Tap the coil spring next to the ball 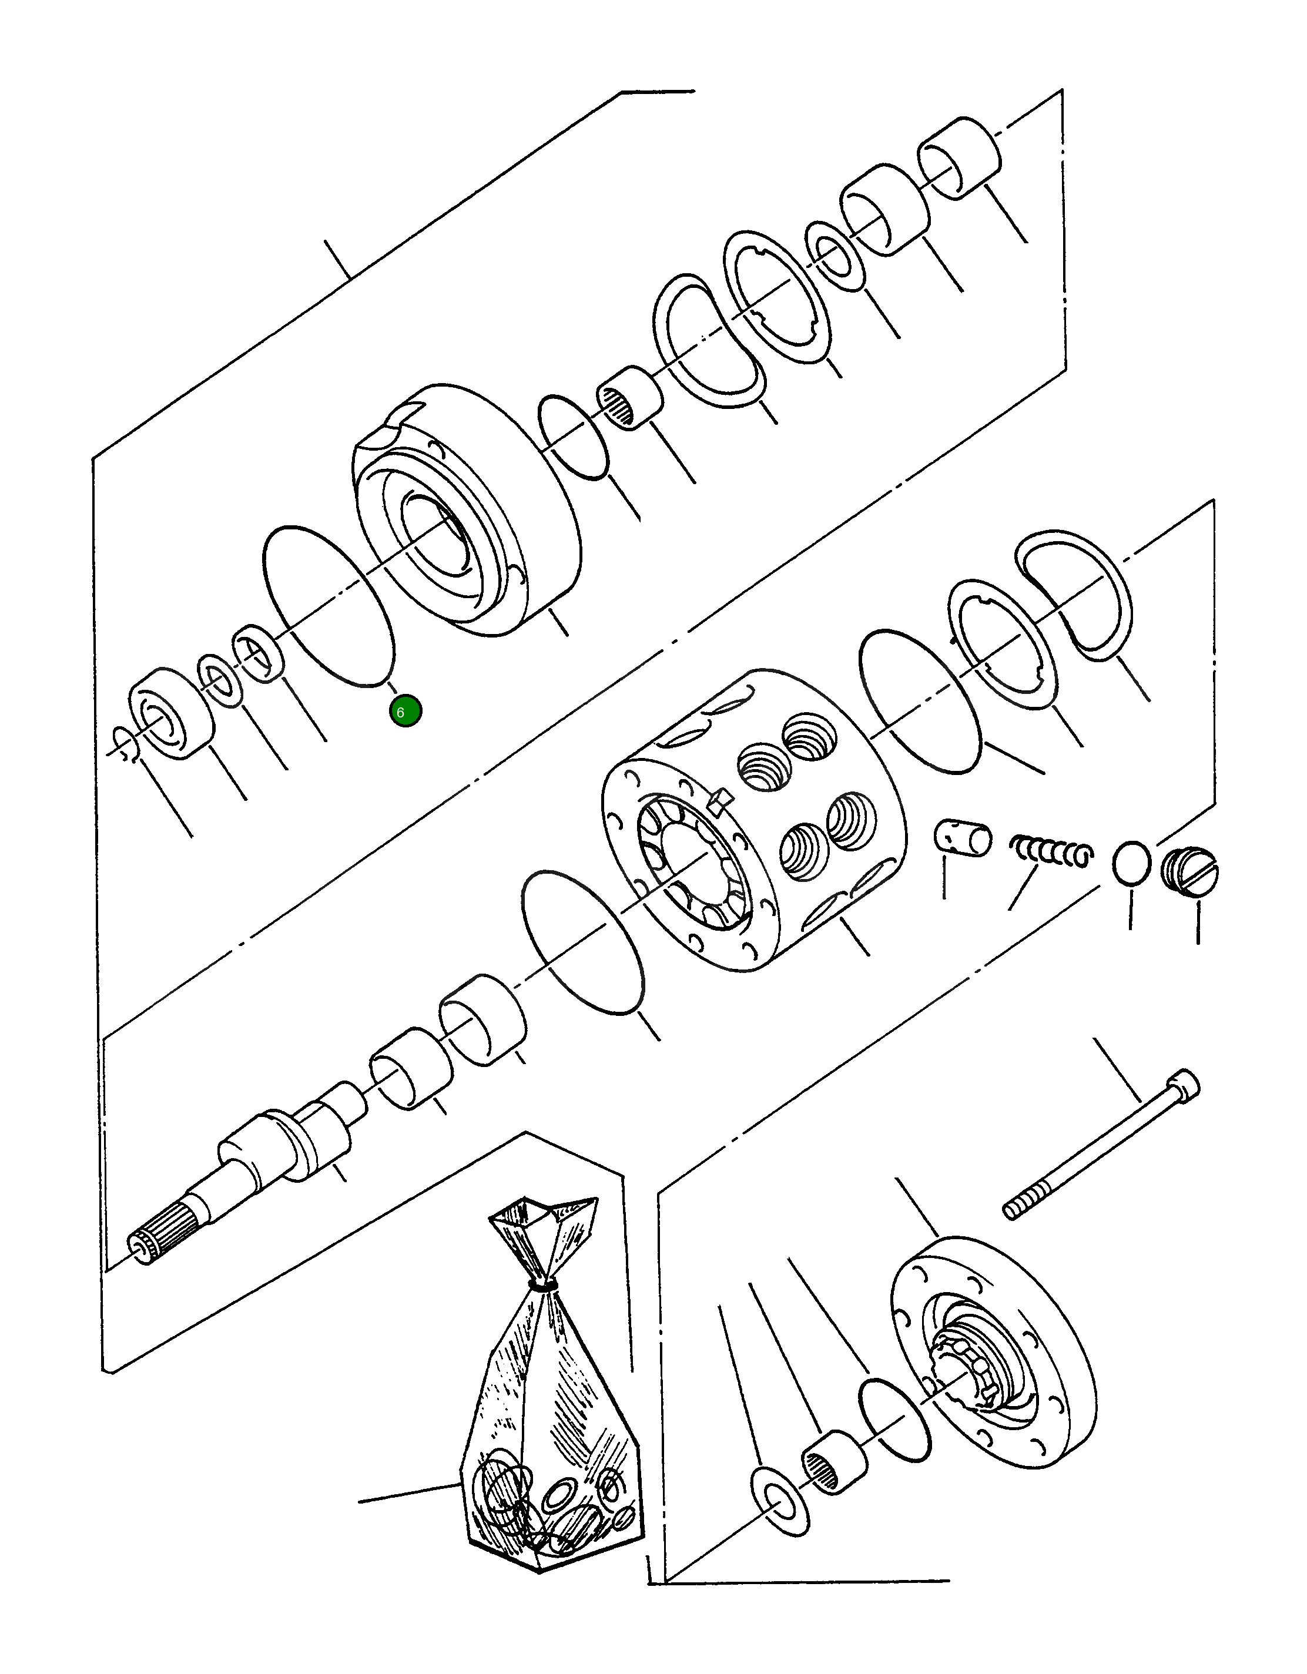[x=1051, y=851]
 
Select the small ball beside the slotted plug [x=1131, y=863]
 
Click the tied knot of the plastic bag [x=544, y=1282]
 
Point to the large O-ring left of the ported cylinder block [x=582, y=942]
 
